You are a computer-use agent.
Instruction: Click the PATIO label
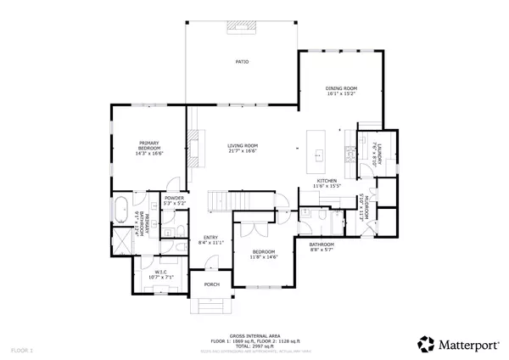click(242, 63)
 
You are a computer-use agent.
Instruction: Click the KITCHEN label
click(327, 181)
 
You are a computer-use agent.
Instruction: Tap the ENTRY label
click(208, 239)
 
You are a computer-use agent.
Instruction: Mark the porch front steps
click(210, 305)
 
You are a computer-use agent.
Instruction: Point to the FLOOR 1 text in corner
click(20, 350)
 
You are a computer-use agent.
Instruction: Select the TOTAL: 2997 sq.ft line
click(254, 346)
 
